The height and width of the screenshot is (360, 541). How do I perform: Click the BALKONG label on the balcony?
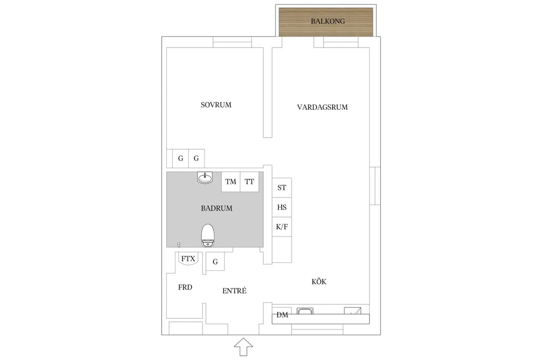328,22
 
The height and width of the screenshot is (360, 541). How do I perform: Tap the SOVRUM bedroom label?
216,105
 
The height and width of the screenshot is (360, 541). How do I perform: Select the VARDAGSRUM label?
322,107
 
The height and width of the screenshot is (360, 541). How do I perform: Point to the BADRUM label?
217,209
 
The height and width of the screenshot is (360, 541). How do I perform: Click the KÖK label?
319,281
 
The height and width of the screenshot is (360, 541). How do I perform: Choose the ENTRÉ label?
234,291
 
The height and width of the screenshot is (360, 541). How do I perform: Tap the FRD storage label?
185,287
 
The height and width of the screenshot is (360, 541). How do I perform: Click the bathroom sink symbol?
205,177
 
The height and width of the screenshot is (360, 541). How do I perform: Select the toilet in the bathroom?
208,235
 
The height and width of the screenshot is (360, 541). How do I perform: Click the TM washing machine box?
231,182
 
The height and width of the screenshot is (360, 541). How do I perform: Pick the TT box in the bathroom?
249,182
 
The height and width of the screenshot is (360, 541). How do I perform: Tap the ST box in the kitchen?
282,187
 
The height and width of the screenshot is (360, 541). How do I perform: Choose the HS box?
282,207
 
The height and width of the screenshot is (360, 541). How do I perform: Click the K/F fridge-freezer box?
282,226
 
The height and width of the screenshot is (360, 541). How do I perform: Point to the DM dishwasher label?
282,315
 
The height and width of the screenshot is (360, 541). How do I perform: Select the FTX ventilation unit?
188,259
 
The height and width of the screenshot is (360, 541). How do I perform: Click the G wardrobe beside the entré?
215,261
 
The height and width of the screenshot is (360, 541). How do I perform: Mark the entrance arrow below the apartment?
243,347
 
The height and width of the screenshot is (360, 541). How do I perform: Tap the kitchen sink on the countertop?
305,311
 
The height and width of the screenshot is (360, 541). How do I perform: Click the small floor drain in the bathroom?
179,245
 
